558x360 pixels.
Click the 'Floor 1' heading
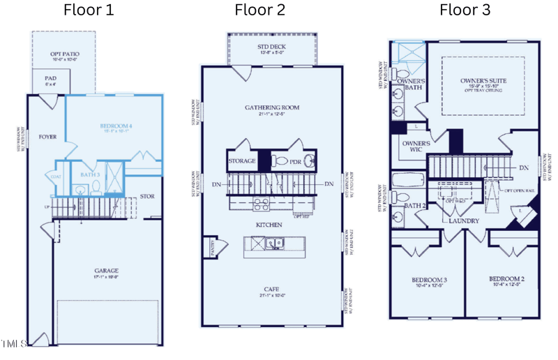(x=89, y=10)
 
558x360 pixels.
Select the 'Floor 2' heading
(x=259, y=10)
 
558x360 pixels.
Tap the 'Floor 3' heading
(x=465, y=10)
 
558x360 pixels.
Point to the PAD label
(x=50, y=79)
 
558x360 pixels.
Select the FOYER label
(x=47, y=137)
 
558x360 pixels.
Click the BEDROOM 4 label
(x=116, y=126)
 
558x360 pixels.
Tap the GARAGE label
(x=107, y=271)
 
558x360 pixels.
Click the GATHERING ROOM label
(x=272, y=107)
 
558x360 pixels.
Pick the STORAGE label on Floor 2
(x=242, y=161)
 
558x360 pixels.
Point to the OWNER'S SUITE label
(x=483, y=81)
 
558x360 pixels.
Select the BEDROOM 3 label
(x=430, y=280)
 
